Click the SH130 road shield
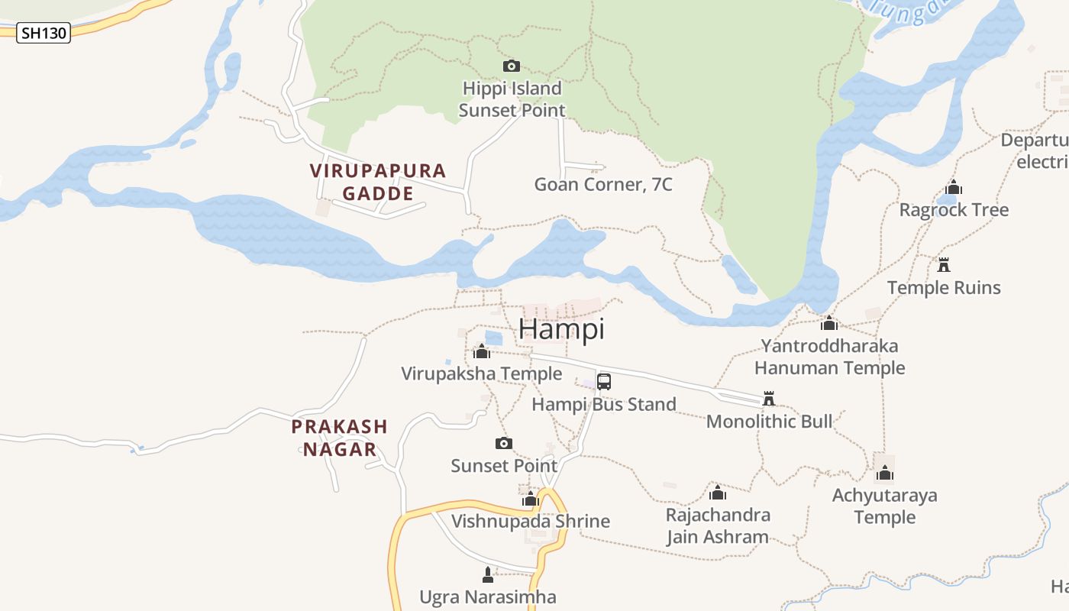(44, 33)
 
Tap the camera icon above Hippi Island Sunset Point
(512, 66)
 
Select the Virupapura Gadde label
(378, 182)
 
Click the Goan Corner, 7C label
(603, 184)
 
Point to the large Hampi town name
(561, 328)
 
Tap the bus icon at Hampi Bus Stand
(604, 381)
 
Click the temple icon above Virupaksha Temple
(482, 351)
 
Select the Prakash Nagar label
(340, 438)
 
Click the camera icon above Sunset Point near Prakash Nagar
(504, 444)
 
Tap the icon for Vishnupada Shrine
(531, 499)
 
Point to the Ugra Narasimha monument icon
(488, 574)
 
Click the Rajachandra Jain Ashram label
(718, 525)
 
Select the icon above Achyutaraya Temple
(885, 474)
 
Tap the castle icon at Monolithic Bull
(769, 399)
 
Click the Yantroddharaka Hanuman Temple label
(830, 357)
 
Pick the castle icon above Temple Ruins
(944, 265)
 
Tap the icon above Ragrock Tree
(954, 187)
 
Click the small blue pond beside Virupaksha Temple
(494, 338)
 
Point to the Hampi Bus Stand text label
(604, 404)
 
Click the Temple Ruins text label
(944, 288)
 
